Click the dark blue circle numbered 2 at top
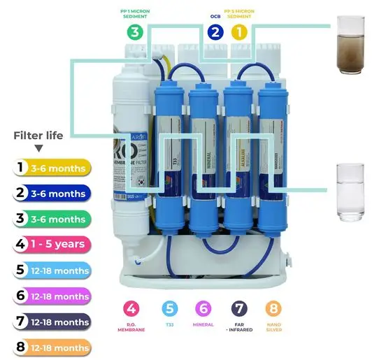coord(215,31)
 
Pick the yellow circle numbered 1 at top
coord(239,31)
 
